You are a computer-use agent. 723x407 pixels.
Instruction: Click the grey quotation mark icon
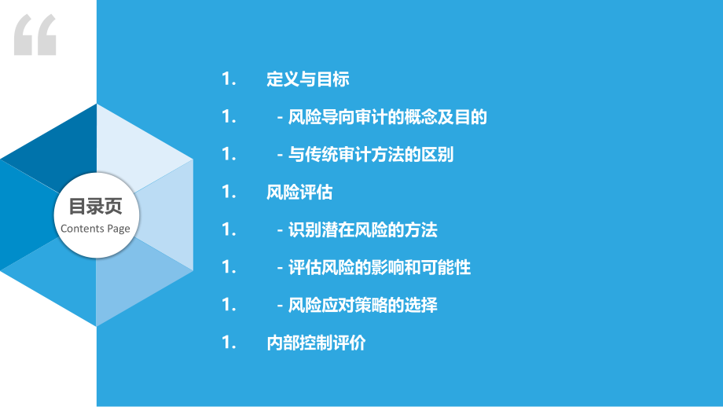35,35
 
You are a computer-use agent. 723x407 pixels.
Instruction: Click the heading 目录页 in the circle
95,206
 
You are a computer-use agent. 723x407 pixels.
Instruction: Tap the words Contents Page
95,229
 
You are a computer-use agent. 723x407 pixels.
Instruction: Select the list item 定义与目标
307,79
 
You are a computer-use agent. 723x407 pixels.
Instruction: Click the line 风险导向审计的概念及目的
387,117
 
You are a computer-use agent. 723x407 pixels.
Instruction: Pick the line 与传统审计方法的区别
371,155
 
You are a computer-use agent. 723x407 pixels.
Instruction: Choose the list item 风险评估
299,192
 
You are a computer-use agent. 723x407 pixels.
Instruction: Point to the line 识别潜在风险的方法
362,229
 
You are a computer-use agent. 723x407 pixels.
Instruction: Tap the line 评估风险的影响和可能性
379,267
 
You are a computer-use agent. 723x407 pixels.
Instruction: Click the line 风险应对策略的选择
362,305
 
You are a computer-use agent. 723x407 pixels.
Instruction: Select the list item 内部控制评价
316,343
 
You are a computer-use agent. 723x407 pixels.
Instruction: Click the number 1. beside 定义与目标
229,79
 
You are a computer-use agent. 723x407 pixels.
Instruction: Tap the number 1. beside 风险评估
229,192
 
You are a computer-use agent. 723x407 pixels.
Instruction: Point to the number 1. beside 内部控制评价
229,343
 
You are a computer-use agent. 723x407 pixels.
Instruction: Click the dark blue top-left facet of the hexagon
60,148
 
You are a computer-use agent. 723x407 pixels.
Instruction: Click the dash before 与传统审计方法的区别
280,156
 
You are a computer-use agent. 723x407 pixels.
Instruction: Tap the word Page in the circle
119,229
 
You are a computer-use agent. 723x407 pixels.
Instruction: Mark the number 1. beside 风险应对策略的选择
229,305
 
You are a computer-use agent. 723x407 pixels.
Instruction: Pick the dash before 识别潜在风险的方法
280,230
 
